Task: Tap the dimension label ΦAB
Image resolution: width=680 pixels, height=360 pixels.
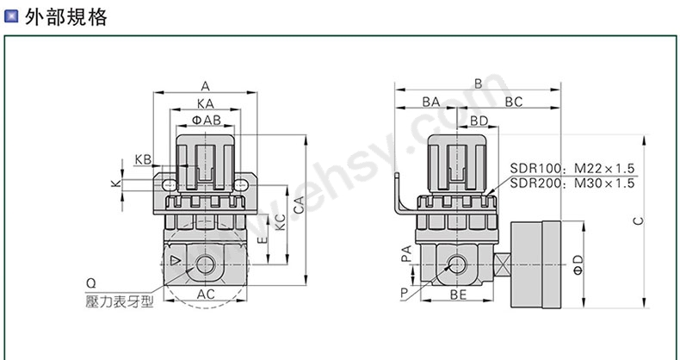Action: click(x=205, y=120)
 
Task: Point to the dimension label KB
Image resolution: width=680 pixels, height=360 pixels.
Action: click(x=143, y=159)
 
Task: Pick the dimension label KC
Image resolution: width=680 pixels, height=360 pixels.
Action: click(x=281, y=223)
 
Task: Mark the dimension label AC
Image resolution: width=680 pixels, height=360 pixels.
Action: click(x=207, y=294)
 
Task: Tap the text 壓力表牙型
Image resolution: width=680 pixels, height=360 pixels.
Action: click(x=119, y=301)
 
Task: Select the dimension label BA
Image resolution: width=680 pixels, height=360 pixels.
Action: click(x=431, y=102)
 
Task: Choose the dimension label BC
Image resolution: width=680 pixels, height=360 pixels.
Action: click(x=514, y=102)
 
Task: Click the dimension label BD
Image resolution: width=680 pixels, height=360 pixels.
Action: click(x=479, y=120)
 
